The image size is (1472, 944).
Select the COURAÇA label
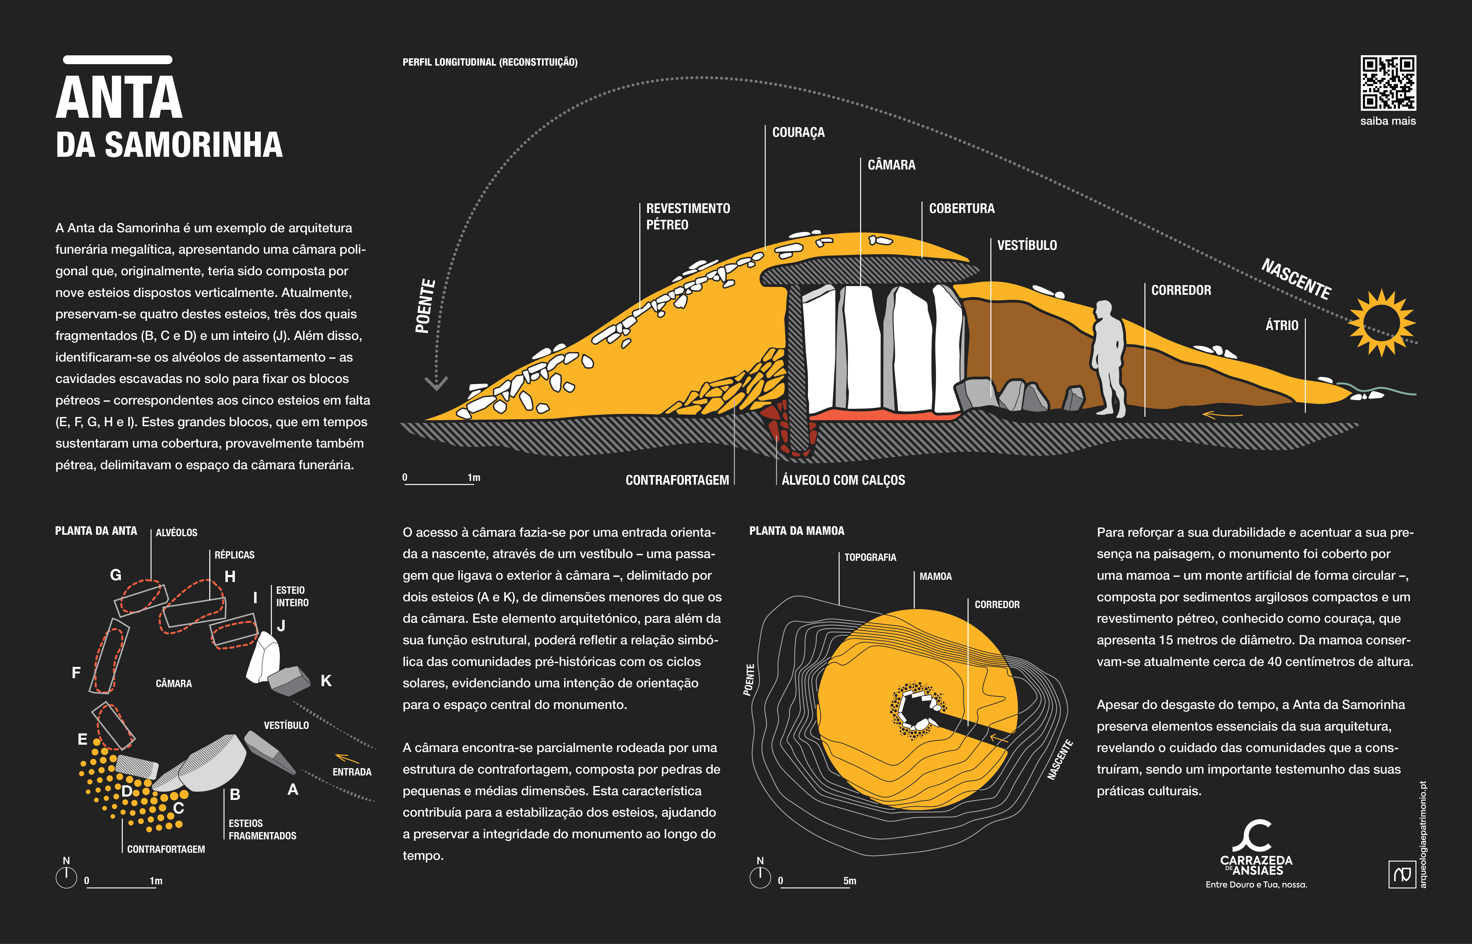pos(798,132)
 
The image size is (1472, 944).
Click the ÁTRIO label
pos(1282,326)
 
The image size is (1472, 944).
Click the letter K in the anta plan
pos(326,680)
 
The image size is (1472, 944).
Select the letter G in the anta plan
pos(115,575)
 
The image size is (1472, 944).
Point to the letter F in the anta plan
pos(76,673)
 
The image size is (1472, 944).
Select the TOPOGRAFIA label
pos(870,557)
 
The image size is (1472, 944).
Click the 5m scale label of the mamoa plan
pos(850,881)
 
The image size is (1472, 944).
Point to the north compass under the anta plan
pos(66,877)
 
